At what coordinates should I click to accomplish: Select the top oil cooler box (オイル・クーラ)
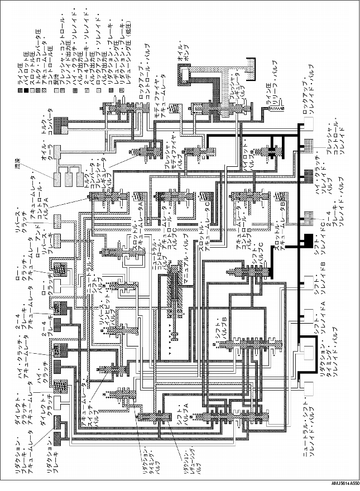57,180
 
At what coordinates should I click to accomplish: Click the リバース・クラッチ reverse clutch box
57,222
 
